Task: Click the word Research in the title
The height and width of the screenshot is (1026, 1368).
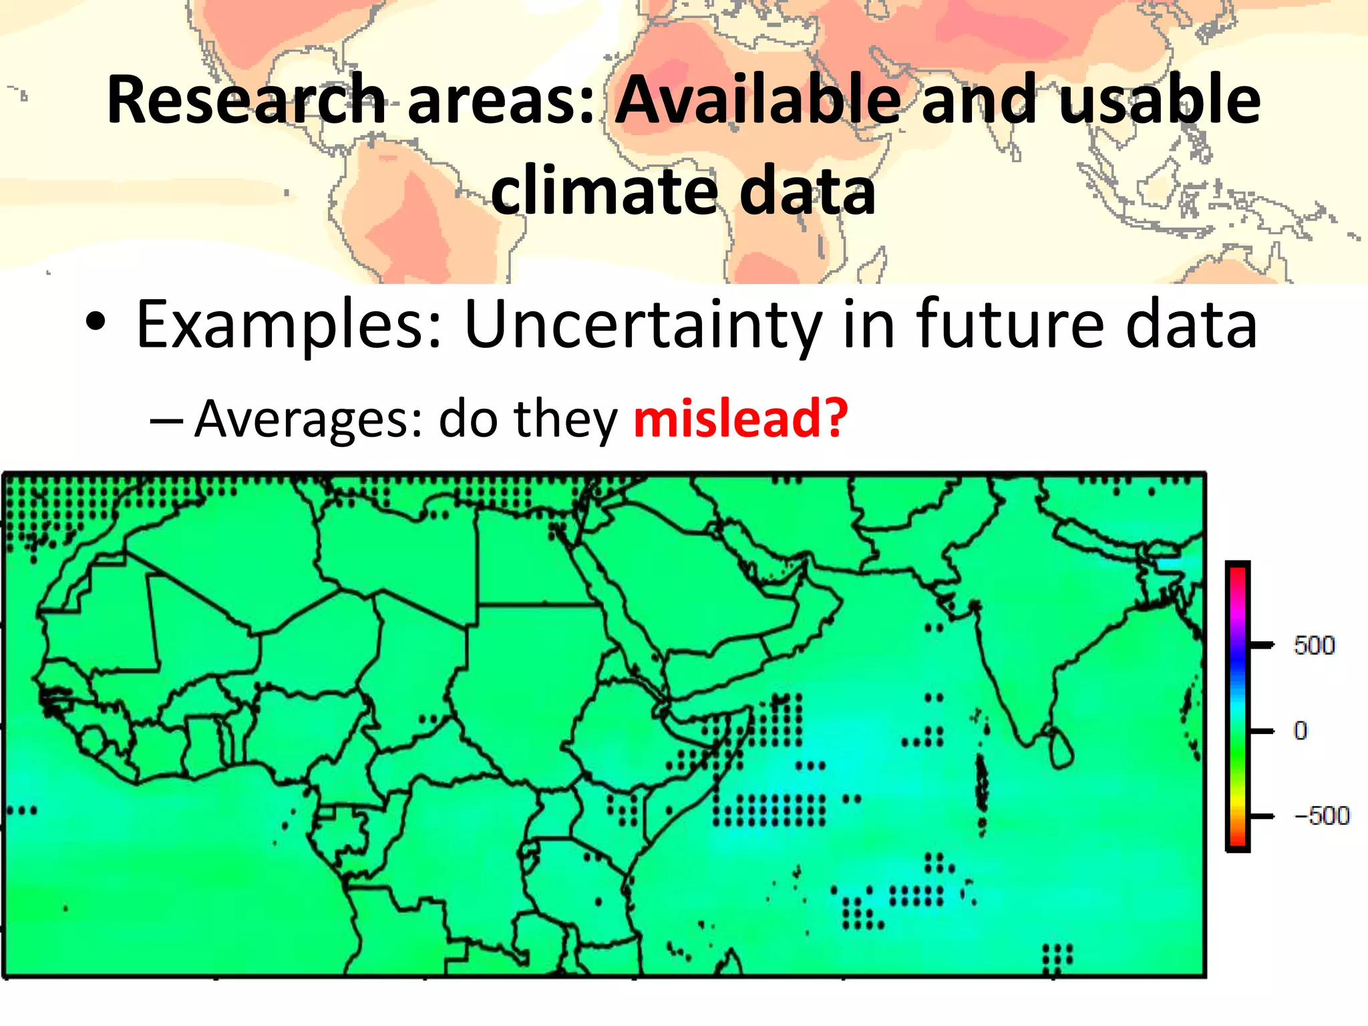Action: pos(246,100)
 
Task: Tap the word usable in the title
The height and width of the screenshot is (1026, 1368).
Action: pos(1160,100)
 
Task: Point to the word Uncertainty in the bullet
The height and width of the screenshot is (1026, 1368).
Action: pos(643,325)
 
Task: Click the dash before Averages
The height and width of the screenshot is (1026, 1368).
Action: pos(166,421)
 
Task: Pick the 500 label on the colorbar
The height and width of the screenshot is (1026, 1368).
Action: pos(1314,645)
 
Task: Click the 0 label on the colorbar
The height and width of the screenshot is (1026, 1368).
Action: pos(1300,731)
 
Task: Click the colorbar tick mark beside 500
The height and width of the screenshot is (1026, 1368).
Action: pos(1261,645)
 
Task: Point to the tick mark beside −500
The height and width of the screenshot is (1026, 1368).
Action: pos(1261,816)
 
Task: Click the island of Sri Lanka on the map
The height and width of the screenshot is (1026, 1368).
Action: pos(1061,749)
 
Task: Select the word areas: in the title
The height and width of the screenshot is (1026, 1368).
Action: pos(501,100)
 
